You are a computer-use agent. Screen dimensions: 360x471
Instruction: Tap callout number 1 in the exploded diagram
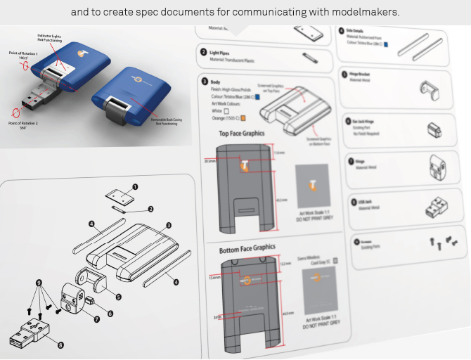click(x=135, y=187)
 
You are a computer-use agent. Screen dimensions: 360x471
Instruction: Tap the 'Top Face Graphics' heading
click(x=243, y=132)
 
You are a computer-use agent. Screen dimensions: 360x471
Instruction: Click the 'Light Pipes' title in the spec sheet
click(x=224, y=53)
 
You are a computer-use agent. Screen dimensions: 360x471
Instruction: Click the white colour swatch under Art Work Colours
click(x=225, y=111)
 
